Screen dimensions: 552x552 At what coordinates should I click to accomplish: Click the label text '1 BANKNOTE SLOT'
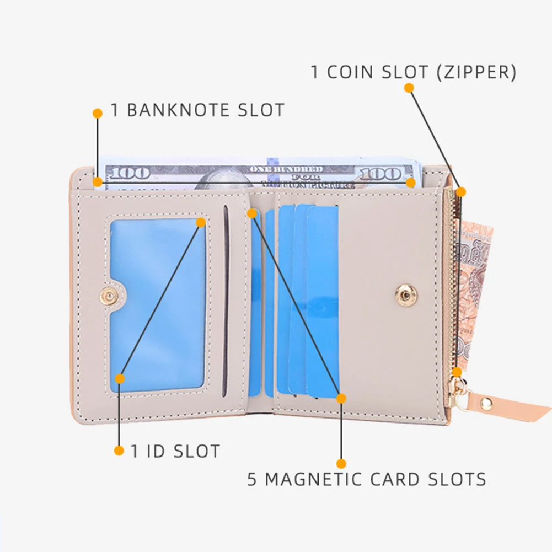point(197,110)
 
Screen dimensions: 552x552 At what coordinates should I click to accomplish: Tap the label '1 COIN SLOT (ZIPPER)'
point(414,72)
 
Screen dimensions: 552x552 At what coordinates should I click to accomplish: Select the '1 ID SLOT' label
point(175,451)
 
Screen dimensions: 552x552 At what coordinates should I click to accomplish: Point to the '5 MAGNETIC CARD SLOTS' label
point(366,479)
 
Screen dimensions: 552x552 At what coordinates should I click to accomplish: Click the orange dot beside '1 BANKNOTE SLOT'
point(98,113)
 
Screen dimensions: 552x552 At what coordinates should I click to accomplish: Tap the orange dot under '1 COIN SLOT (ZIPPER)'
point(409,88)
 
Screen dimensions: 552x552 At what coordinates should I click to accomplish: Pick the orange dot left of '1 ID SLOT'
point(119,451)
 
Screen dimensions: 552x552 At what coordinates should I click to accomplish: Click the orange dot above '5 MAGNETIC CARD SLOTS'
point(341,464)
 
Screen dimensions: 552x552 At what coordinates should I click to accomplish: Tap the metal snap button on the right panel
point(406,296)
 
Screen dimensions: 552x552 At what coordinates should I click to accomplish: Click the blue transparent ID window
point(157,303)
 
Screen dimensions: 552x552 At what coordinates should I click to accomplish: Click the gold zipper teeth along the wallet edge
point(453,287)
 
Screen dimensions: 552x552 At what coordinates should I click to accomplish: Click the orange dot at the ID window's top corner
point(201,222)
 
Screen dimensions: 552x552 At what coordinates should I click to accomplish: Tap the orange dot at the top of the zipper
point(461,192)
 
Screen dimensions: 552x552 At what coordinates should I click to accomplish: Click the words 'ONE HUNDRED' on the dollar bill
point(286,169)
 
